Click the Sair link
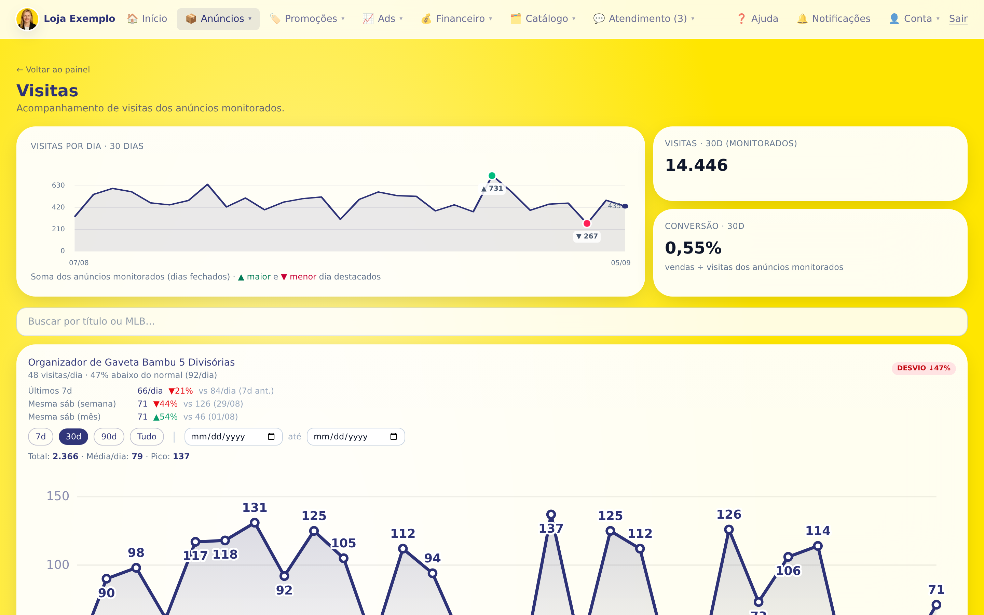(x=958, y=19)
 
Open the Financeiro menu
(x=456, y=19)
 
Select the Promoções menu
(x=307, y=19)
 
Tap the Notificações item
(x=834, y=19)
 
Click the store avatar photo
(x=27, y=19)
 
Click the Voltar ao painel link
(x=53, y=70)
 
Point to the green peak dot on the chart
(x=492, y=176)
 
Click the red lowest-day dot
(x=587, y=223)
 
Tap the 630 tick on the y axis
(x=58, y=186)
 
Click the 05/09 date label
(x=620, y=263)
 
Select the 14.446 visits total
(x=696, y=165)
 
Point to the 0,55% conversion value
(x=693, y=248)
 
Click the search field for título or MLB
(x=492, y=321)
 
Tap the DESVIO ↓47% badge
(x=924, y=368)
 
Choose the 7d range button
(x=41, y=436)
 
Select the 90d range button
(x=109, y=436)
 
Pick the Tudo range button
(x=147, y=436)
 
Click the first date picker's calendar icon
(x=271, y=436)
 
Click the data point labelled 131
(x=255, y=523)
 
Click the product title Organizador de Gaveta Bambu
(x=131, y=362)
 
